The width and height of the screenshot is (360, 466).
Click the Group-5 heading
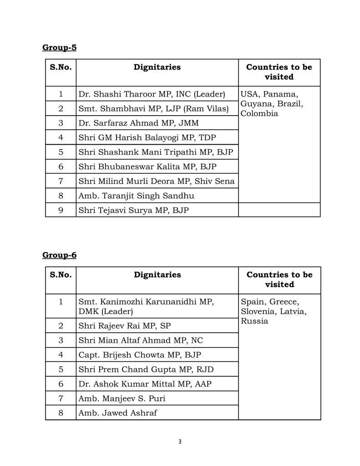pos(59,47)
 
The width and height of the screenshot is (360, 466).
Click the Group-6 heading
pos(59,255)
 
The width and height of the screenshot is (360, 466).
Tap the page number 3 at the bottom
pos(180,441)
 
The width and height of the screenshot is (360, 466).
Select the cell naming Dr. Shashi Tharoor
pos(152,94)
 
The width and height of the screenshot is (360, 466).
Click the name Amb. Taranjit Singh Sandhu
pos(136,196)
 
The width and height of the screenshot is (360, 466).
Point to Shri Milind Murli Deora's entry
pos(157,181)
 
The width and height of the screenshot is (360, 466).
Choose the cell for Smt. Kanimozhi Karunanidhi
pos(146,306)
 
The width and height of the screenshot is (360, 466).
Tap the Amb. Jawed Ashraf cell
pos(118,413)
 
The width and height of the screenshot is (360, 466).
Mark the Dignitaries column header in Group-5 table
pos(157,67)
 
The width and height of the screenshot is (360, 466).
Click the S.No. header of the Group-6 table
pos(61,275)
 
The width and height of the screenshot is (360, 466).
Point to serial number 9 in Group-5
pos(61,210)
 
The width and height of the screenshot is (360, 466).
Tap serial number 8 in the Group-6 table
pos(61,413)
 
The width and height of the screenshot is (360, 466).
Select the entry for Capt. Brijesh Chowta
pos(140,355)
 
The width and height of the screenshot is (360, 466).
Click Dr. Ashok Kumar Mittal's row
pos(145,384)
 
